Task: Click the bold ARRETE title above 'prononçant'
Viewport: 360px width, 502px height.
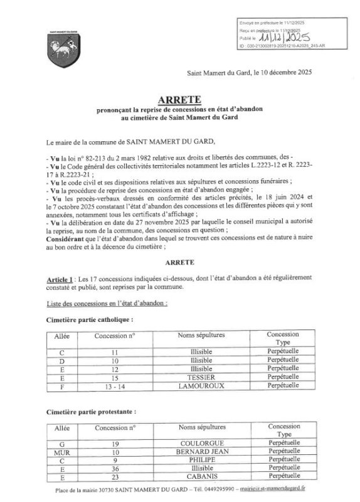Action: click(x=180, y=99)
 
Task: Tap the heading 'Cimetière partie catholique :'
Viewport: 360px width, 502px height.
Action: click(x=90, y=319)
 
